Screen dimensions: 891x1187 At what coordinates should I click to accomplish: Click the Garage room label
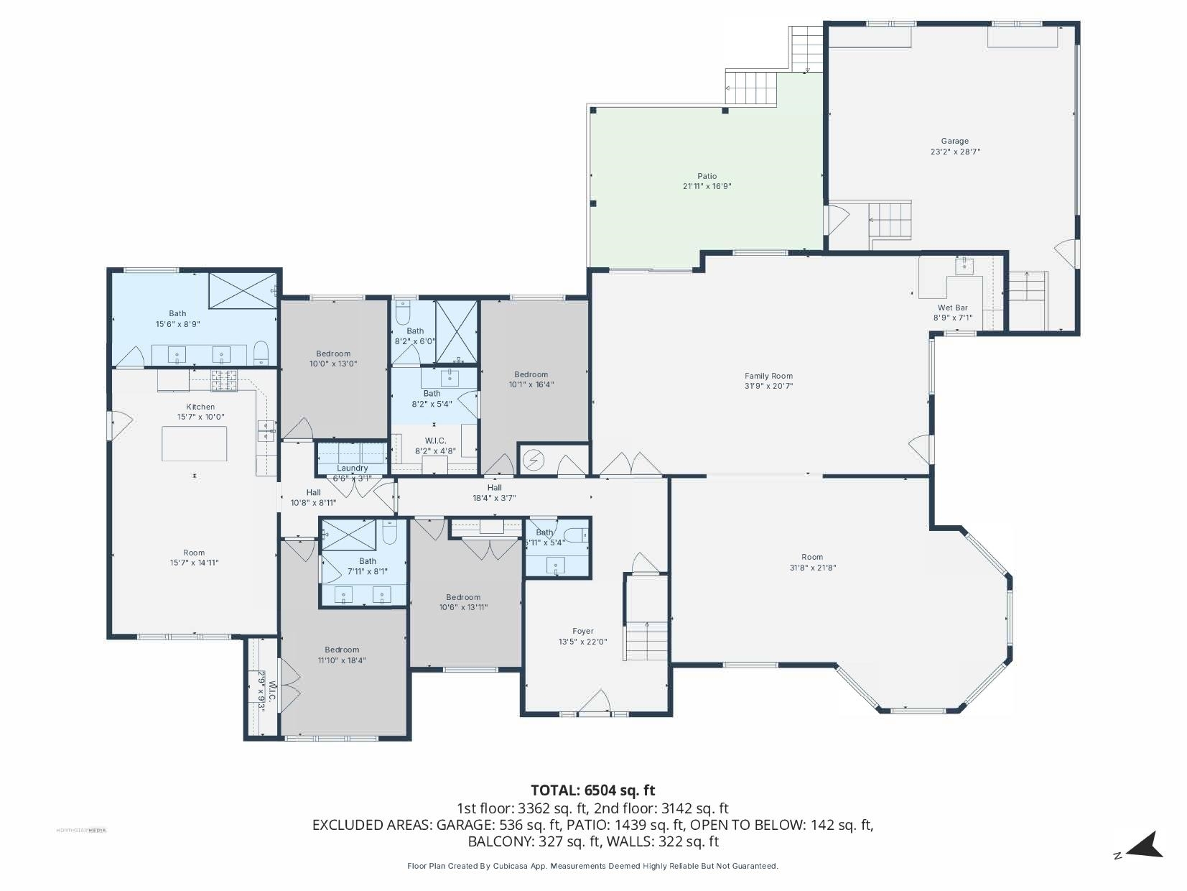(954, 142)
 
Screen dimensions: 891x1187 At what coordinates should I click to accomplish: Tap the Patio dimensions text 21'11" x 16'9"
(707, 186)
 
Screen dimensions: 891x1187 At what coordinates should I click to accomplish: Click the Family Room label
(768, 376)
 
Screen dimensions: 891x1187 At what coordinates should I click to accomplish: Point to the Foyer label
(582, 632)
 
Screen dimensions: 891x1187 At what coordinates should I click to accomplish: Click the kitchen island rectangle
(194, 443)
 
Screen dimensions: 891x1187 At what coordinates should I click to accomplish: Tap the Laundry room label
(352, 468)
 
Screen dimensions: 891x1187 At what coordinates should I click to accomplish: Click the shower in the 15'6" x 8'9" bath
(242, 290)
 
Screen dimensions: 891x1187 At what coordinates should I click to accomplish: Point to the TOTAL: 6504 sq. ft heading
(592, 790)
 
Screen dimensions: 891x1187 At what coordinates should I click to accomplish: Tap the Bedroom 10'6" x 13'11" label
(462, 597)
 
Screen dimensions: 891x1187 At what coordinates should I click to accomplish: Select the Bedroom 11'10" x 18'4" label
(341, 650)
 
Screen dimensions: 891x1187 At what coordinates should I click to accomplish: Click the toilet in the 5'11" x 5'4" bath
(576, 535)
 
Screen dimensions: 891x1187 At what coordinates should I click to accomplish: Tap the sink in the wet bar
(964, 266)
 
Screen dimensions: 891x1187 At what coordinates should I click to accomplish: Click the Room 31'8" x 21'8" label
(812, 557)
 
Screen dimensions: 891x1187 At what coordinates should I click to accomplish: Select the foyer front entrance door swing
(595, 701)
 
